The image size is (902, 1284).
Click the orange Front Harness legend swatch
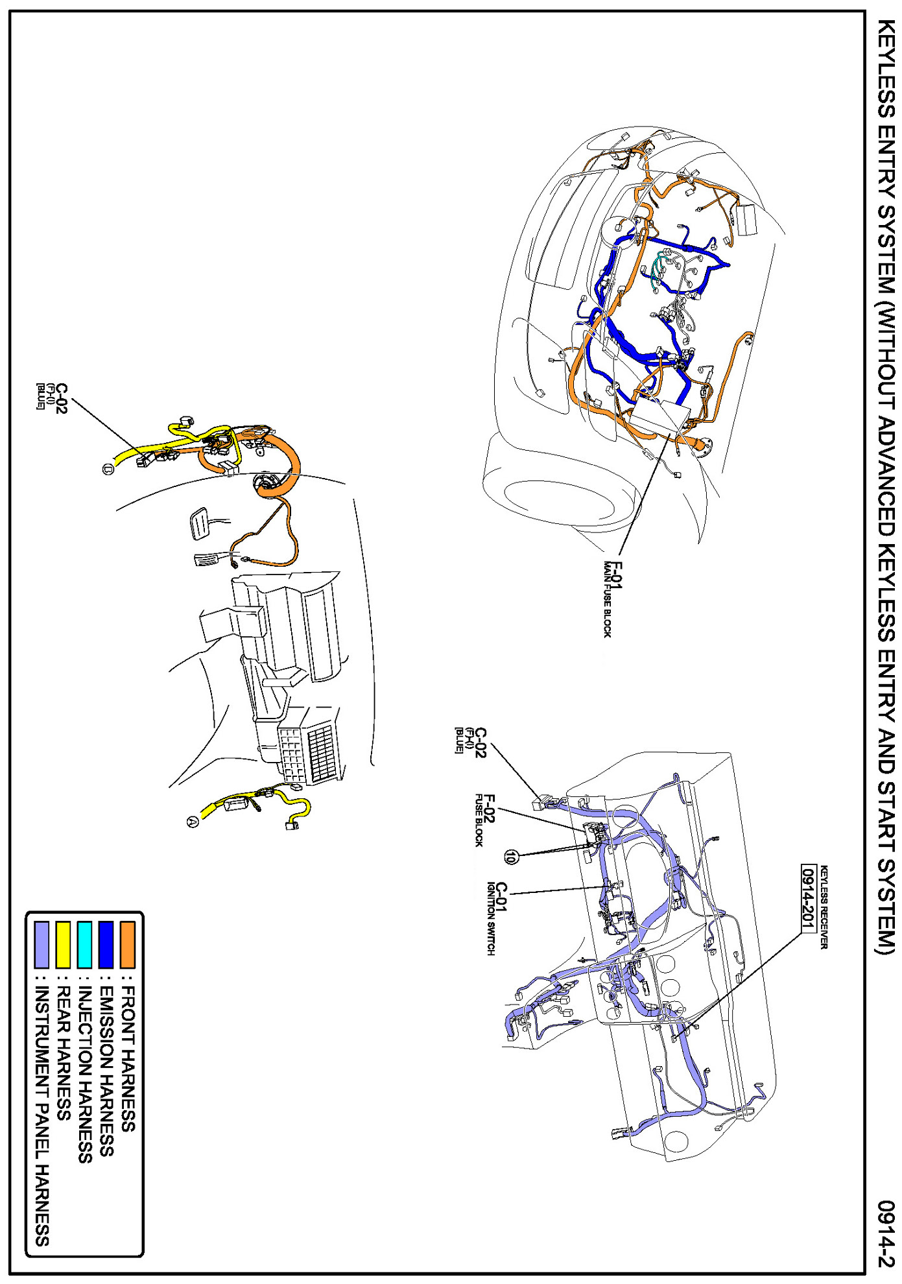point(128,945)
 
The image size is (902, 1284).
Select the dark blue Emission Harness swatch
point(106,945)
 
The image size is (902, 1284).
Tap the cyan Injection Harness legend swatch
point(84,945)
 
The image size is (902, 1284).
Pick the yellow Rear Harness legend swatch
point(63,945)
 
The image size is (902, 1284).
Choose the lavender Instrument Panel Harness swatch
point(42,945)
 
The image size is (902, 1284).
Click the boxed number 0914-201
point(808,898)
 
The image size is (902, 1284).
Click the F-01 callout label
point(617,575)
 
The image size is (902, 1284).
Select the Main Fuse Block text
point(608,600)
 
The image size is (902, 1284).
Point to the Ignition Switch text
point(491,918)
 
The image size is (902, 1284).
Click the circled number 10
point(511,857)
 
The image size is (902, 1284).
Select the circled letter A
point(193,822)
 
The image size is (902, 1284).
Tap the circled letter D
point(108,469)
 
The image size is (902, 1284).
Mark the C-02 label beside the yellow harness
point(62,398)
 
